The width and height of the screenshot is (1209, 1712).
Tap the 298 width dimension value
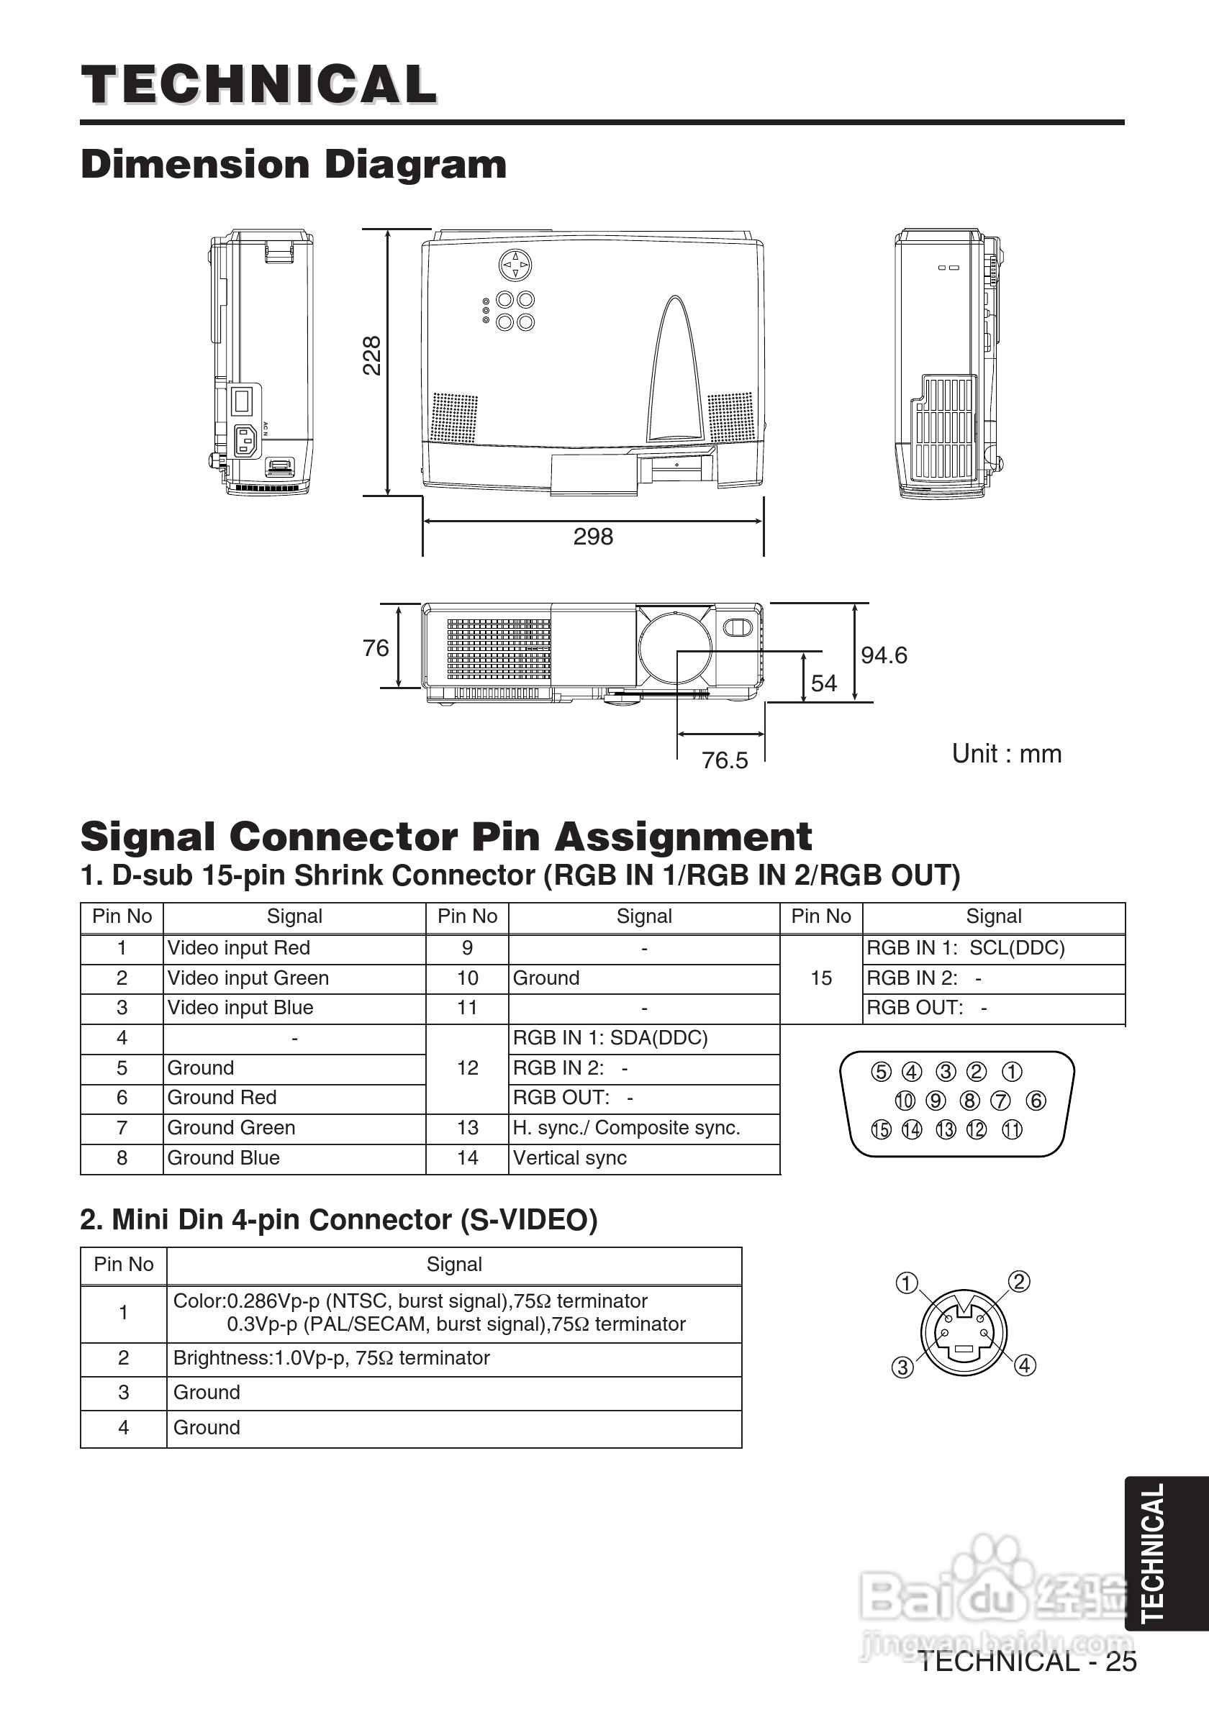(593, 536)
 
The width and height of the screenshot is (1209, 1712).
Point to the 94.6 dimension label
(884, 655)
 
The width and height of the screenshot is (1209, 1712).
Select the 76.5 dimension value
(724, 760)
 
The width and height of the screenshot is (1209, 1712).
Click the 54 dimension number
(823, 683)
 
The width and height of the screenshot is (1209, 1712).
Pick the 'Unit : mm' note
(1006, 753)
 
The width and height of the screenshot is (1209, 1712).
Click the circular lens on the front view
(675, 646)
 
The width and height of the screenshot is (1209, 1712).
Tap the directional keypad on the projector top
(515, 265)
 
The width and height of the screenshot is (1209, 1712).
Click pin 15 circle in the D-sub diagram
(881, 1129)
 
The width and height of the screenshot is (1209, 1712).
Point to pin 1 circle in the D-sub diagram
(1011, 1072)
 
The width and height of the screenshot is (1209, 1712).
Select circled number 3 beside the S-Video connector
(902, 1367)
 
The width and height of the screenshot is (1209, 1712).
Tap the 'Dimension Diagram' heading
(293, 164)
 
